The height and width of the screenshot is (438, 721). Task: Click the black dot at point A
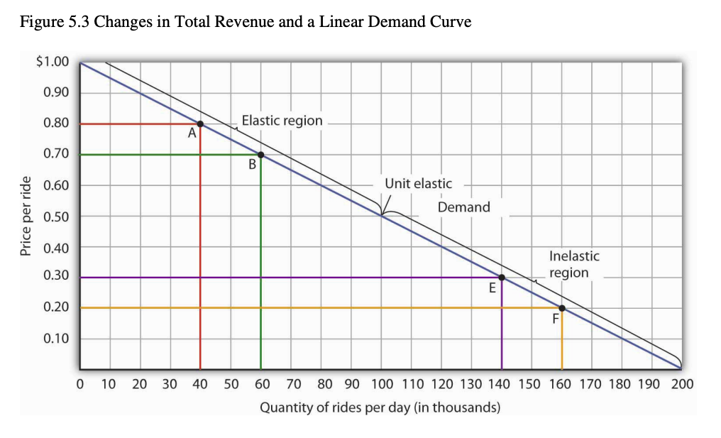coord(200,124)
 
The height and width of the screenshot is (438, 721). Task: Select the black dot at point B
coord(260,154)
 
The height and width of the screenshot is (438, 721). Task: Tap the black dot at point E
coord(502,278)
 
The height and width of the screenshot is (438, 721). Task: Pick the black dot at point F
coord(562,308)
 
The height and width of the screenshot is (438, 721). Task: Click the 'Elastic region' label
coord(282,121)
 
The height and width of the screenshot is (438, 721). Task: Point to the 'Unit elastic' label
coord(418,184)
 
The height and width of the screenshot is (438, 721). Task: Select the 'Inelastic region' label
coord(573,264)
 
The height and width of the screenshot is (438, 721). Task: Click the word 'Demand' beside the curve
coord(463,207)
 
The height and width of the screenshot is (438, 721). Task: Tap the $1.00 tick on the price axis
coord(53,61)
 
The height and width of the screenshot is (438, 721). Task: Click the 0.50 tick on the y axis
coord(55,216)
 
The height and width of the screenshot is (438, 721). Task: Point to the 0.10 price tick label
coord(55,339)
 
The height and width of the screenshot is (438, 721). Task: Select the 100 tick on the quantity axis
coord(381,385)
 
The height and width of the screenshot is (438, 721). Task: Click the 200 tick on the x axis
coord(682,385)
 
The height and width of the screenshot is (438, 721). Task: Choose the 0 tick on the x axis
coord(80,385)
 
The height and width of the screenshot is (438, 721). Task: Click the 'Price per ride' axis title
coord(26,215)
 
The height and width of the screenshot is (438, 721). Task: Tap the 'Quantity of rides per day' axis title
coord(380,408)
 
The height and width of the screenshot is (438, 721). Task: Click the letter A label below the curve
coord(192,133)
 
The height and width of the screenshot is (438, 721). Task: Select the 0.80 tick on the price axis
coord(55,123)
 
